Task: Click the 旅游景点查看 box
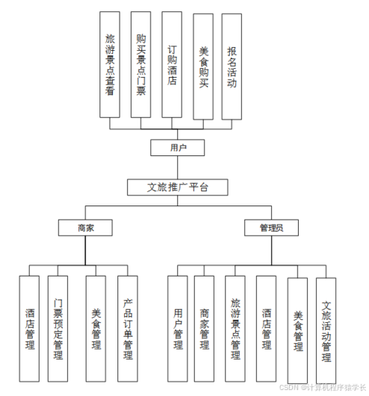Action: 109,64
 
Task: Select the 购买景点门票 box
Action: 140,64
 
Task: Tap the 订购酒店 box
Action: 172,64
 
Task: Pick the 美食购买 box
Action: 203,66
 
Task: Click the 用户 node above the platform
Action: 177,148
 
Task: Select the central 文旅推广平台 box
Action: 177,187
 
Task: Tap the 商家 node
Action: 85,226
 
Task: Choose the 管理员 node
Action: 271,226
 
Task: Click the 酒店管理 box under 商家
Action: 30,329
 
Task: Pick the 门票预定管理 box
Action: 58,329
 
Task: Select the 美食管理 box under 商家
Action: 96,329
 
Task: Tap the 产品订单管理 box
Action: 128,329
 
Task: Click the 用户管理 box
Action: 177,329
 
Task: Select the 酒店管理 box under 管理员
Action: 267,329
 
